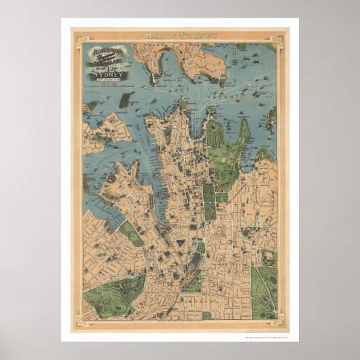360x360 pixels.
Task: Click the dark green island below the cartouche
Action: click(x=124, y=100)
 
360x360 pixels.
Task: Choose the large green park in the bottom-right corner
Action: click(x=264, y=291)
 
